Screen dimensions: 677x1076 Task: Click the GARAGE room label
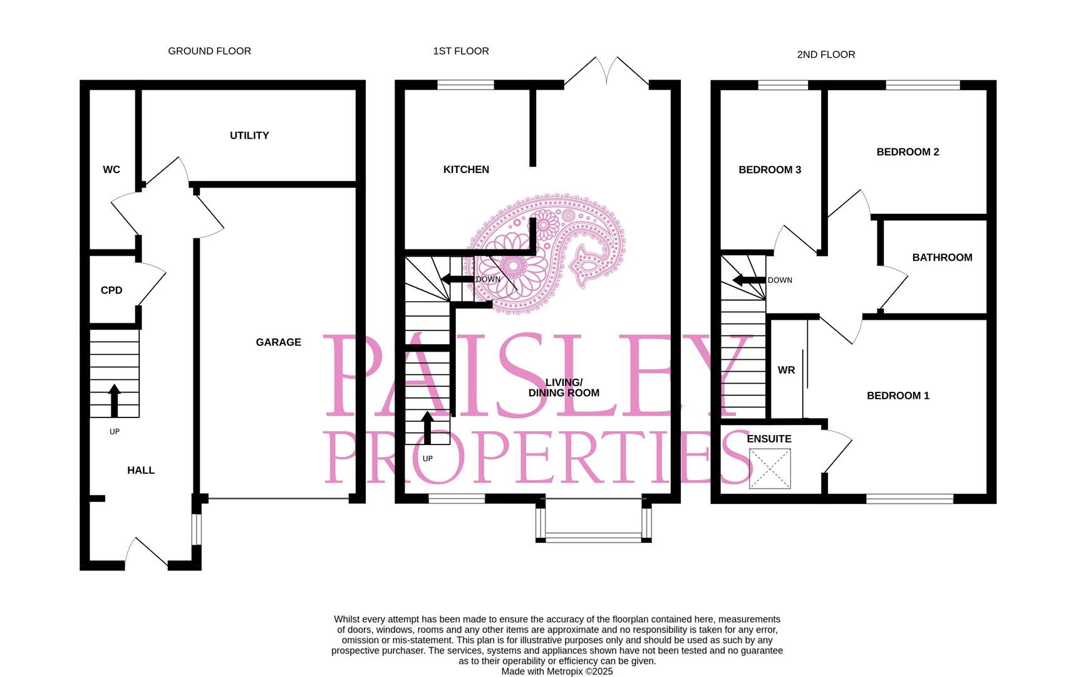coord(278,342)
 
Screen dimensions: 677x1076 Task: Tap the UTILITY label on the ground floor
coord(249,135)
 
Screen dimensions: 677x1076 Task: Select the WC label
coord(111,170)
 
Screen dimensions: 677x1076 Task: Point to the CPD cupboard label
coord(111,290)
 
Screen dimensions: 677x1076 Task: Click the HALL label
coord(141,470)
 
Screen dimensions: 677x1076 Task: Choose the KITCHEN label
coord(466,170)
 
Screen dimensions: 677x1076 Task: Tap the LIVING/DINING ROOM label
coord(564,388)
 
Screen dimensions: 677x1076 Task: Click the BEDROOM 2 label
coord(908,152)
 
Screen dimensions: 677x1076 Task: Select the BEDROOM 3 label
coord(770,170)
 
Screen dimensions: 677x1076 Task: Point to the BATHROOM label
coord(942,258)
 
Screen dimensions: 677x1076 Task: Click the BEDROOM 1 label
coord(898,396)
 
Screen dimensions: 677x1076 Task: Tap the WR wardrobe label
coord(786,370)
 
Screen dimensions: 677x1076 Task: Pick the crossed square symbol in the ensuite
coord(770,468)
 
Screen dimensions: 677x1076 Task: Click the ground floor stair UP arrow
coord(114,401)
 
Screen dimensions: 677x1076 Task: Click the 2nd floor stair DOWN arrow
coord(749,280)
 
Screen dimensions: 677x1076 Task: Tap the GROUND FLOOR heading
coord(209,51)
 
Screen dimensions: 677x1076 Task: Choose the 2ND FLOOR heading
coord(825,55)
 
